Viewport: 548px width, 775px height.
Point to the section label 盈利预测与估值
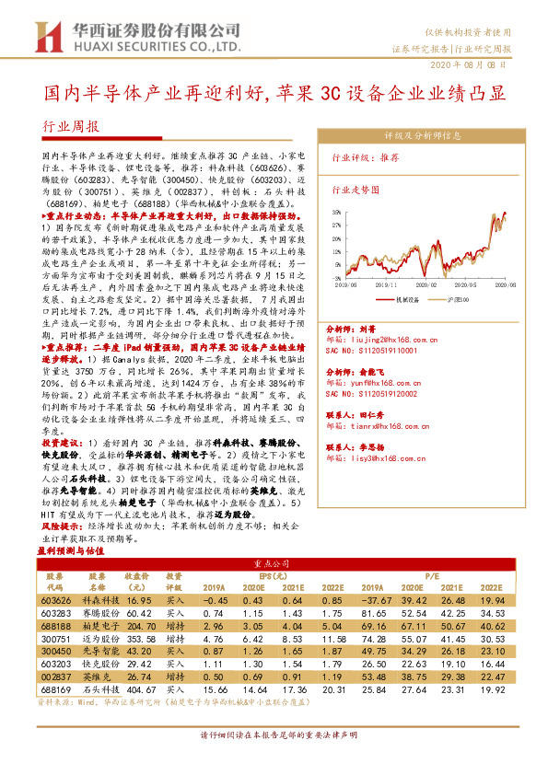click(x=67, y=549)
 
